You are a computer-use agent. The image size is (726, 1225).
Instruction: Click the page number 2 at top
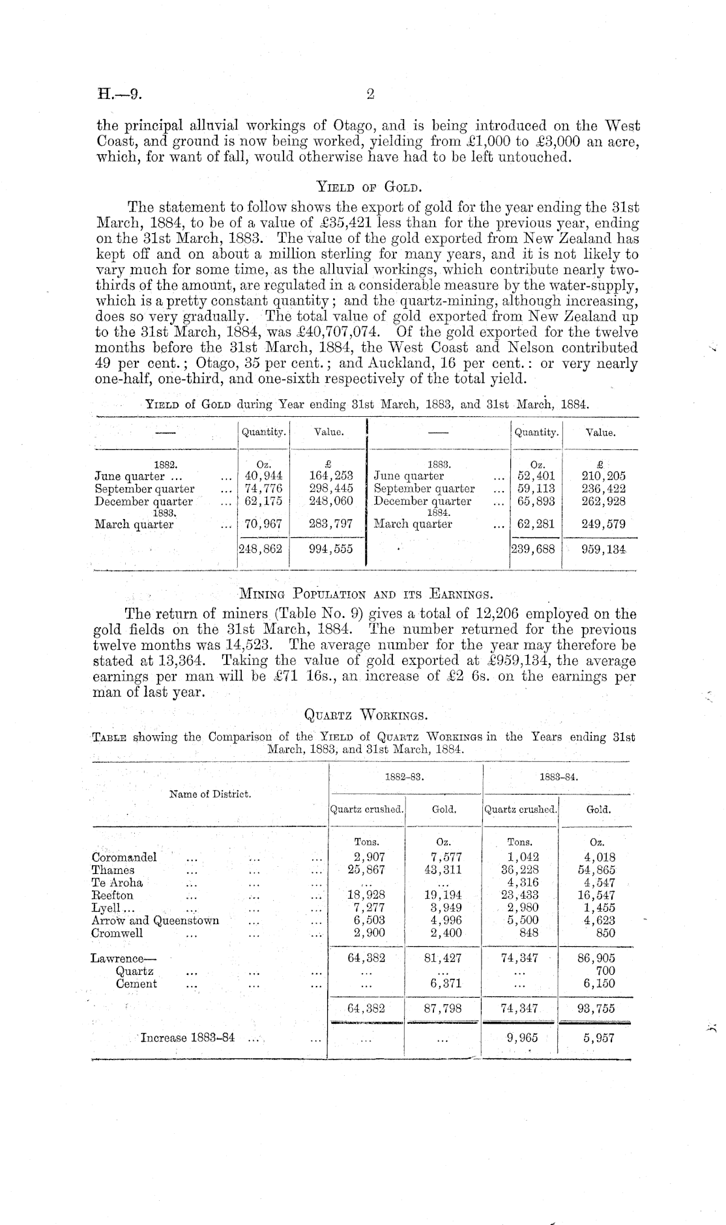370,95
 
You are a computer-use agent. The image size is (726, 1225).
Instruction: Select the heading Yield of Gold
370,188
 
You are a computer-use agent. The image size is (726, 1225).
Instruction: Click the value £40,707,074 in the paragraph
339,333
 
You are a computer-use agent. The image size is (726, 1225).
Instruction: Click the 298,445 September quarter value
330,488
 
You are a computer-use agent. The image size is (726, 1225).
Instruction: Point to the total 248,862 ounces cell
261,549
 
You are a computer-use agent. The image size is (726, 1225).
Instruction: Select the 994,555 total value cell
330,549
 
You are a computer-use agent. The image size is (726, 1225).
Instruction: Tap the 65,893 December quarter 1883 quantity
537,501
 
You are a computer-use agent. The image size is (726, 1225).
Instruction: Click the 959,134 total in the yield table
603,549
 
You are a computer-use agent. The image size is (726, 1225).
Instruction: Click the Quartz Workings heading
366,716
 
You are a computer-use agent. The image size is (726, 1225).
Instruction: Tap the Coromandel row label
124,857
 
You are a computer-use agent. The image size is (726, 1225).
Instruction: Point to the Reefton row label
113,895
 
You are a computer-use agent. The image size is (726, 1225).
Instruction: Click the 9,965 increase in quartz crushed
520,1038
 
